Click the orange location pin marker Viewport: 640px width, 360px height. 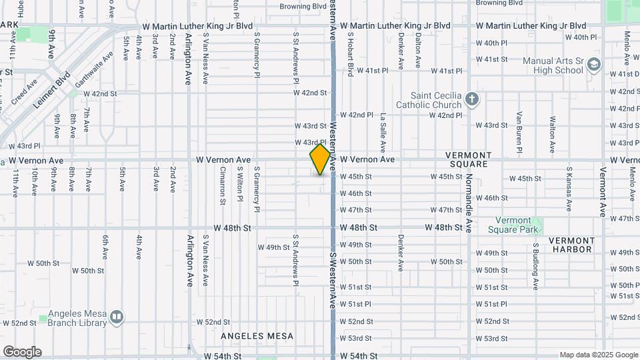[321, 159]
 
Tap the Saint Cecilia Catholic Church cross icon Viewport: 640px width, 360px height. [472, 100]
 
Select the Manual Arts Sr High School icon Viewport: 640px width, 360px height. [594, 65]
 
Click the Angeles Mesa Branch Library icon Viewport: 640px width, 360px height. [117, 317]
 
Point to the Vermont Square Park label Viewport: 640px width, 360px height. [522, 225]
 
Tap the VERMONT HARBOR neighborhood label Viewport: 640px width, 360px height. [571, 245]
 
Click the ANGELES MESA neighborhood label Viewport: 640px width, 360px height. [257, 336]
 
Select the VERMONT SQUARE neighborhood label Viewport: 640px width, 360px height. [479, 159]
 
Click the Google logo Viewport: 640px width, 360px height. [22, 352]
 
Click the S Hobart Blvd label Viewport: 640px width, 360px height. [349, 53]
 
